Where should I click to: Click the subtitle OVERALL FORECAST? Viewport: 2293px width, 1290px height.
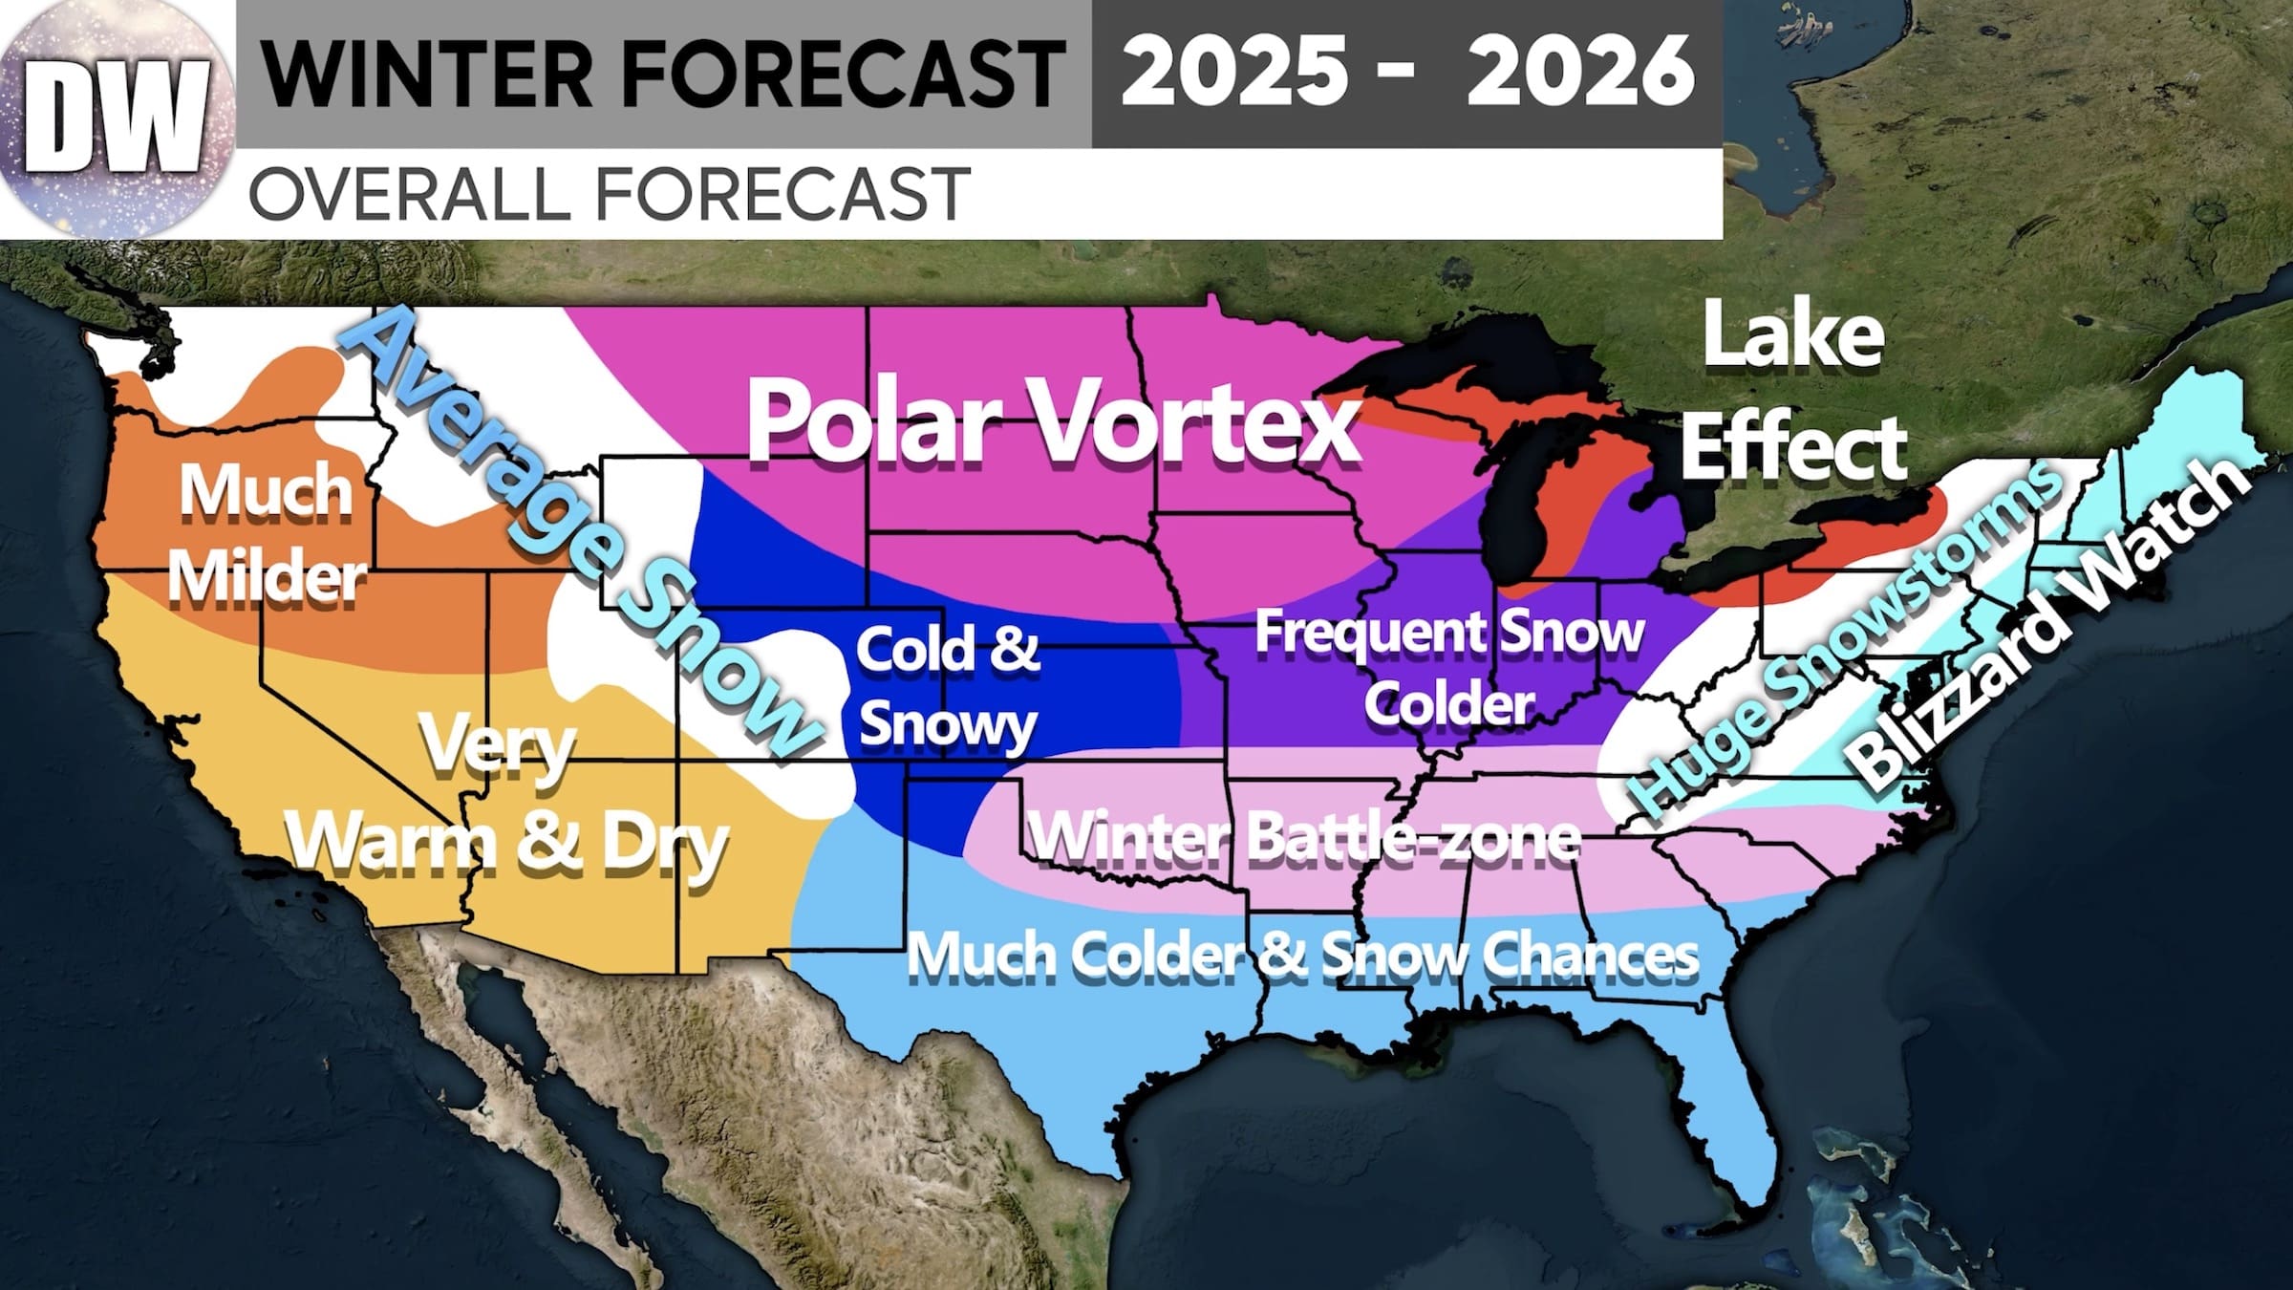609,194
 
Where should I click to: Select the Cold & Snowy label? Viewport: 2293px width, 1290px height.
947,686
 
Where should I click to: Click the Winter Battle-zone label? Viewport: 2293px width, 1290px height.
1304,837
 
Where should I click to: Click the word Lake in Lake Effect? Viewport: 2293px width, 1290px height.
1792,336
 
